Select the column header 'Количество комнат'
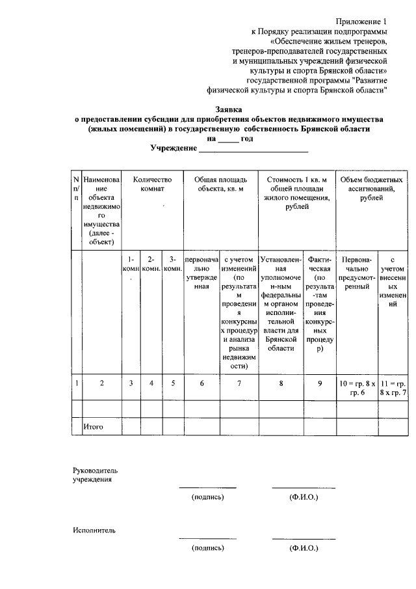pyautogui.click(x=151, y=184)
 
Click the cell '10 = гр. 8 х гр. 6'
pyautogui.click(x=358, y=387)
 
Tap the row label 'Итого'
pyautogui.click(x=93, y=427)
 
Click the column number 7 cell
pyautogui.click(x=239, y=383)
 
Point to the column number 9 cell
pyautogui.click(x=320, y=383)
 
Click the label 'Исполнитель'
pyautogui.click(x=94, y=530)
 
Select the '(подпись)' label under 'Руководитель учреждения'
pyautogui.click(x=207, y=497)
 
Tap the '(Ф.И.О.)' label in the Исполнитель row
pyautogui.click(x=304, y=549)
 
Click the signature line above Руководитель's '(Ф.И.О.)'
pyautogui.click(x=304, y=487)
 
